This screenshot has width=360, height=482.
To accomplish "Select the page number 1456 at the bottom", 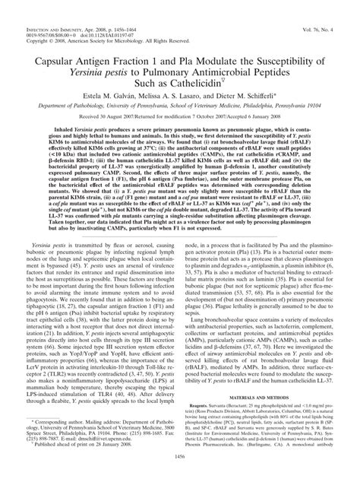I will [x=180, y=475].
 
